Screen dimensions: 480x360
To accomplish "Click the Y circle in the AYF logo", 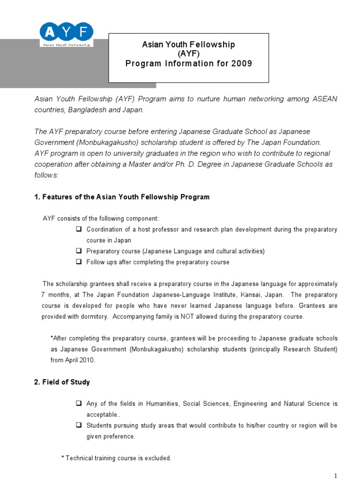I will click(67, 32).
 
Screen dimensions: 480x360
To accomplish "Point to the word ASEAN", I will click(324, 99).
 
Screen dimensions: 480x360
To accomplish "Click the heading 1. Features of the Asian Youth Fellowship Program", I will click(122, 197).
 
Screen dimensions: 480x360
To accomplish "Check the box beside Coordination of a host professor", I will click(78, 230).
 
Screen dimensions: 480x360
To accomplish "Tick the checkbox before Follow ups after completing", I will click(78, 262).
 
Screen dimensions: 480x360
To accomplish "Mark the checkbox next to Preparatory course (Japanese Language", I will click(78, 251).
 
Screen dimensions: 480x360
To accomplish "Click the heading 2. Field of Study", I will click(62, 382).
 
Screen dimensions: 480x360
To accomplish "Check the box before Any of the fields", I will click(78, 404).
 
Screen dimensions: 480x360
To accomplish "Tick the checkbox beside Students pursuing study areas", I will click(78, 426).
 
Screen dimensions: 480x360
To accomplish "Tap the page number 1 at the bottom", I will click(336, 475).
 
